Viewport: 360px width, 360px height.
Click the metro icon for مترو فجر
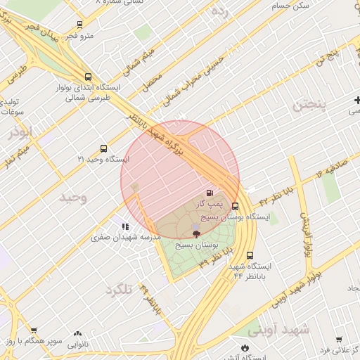[79, 24]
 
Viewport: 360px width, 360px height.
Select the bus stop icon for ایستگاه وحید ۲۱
[104, 148]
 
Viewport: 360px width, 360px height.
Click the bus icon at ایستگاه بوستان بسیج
[235, 207]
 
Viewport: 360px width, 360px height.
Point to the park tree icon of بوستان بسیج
[195, 233]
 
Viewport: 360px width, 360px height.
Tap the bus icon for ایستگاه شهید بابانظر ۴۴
[250, 256]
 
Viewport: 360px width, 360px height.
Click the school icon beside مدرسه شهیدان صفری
[124, 227]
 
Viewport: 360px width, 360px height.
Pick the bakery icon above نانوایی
[77, 333]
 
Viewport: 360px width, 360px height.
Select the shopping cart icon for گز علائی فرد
[339, 338]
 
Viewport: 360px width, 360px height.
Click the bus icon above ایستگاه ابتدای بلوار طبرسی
[87, 77]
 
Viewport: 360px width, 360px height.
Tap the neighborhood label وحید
[73, 197]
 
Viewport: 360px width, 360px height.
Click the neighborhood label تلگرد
[120, 290]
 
